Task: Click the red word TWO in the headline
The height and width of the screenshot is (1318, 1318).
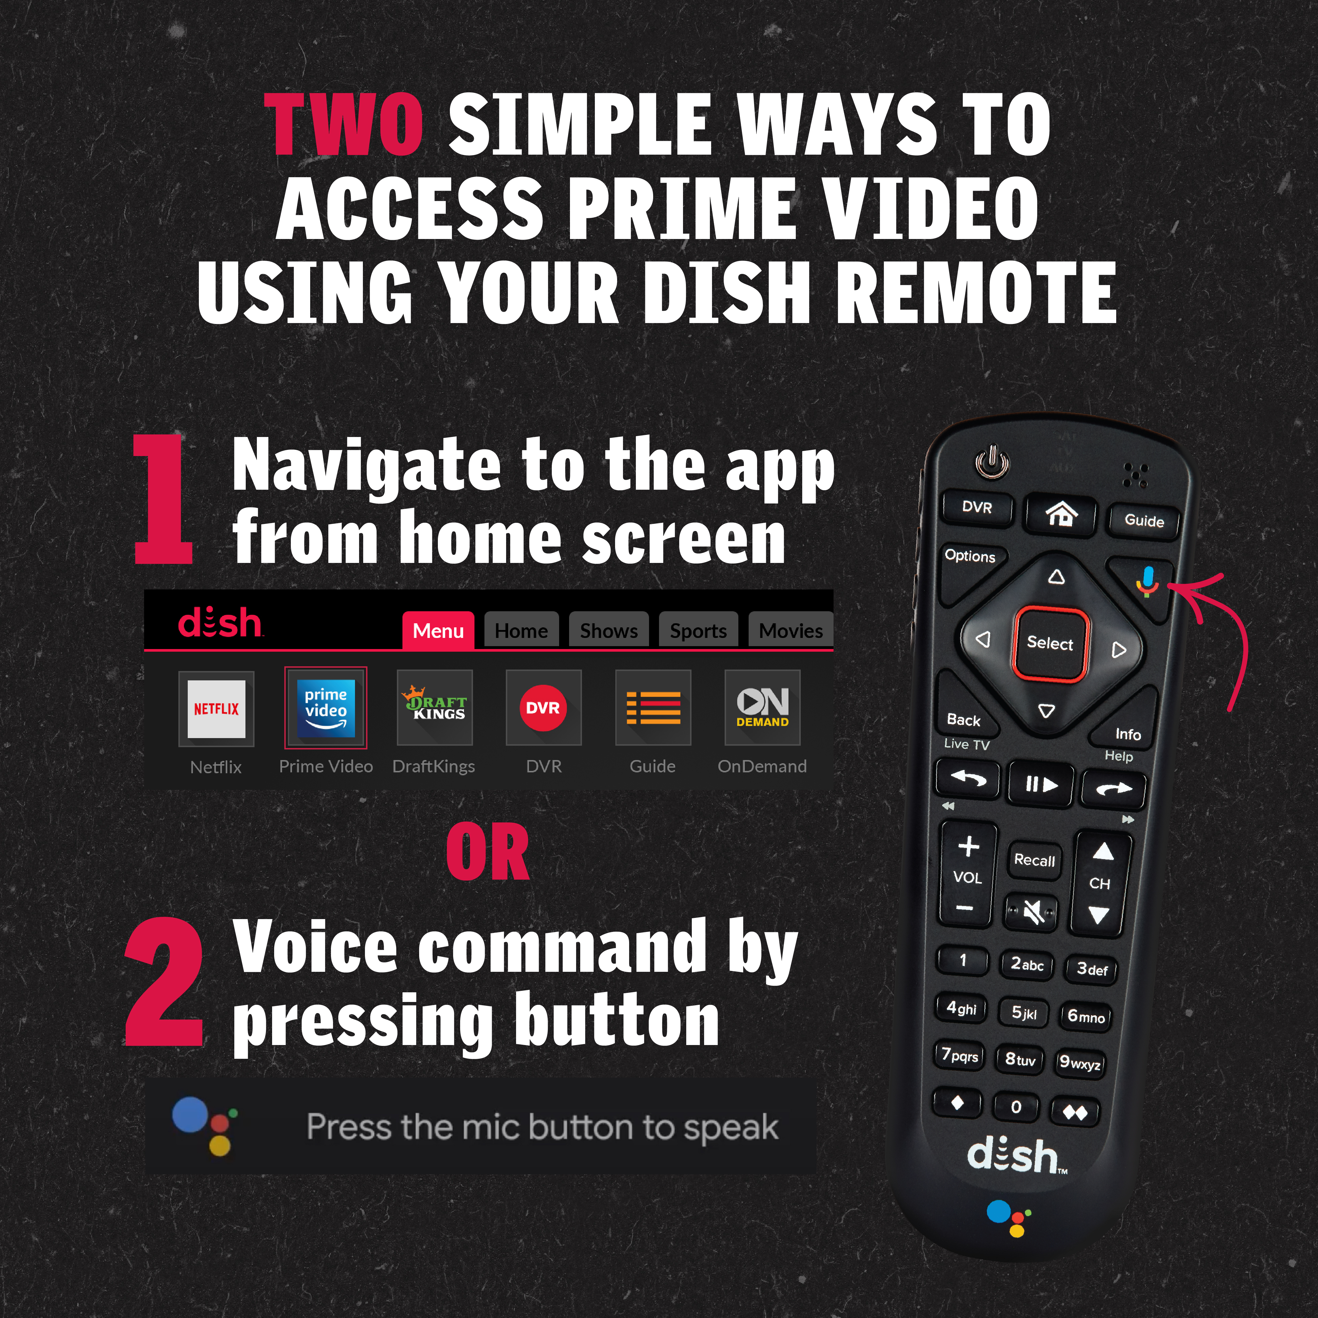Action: click(x=344, y=124)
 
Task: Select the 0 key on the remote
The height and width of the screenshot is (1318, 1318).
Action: click(x=1016, y=1107)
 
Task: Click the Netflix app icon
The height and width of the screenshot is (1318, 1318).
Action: click(x=216, y=709)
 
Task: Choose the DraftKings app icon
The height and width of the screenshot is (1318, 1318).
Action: click(x=435, y=707)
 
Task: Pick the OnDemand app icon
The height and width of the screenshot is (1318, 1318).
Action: click(x=762, y=707)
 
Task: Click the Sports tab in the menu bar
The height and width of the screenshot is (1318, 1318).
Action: click(x=698, y=630)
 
